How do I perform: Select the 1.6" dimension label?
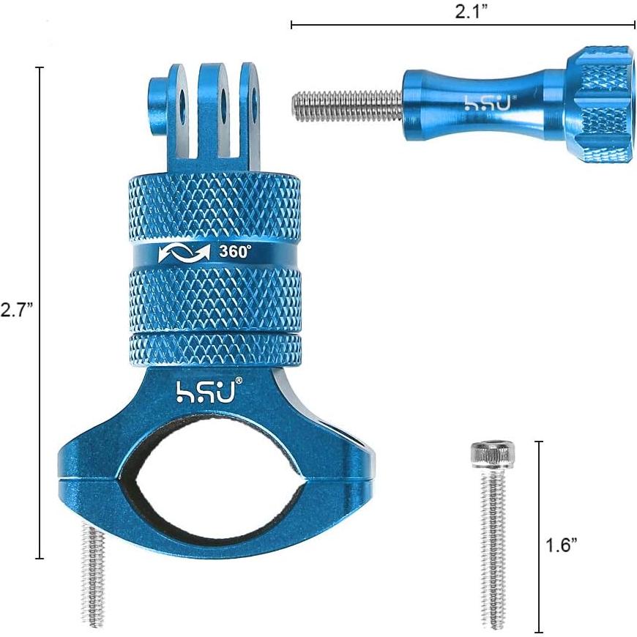click(562, 544)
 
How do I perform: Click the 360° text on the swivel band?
click(235, 251)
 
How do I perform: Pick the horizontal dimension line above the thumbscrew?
click(463, 26)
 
